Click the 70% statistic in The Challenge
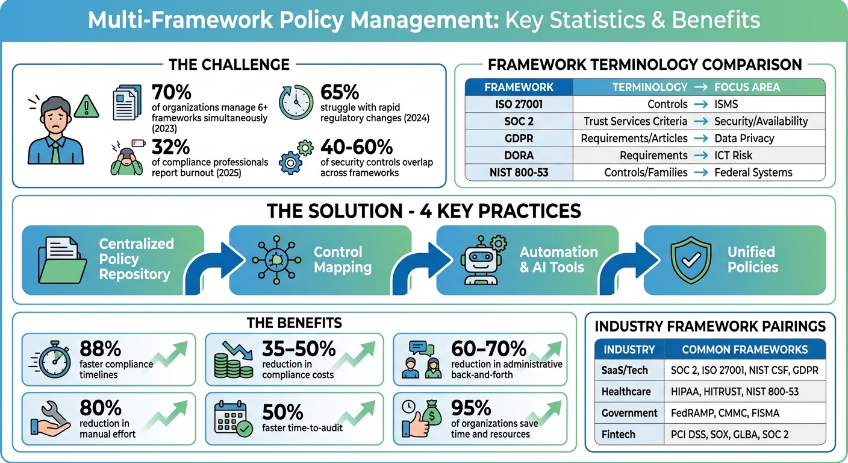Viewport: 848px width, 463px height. pos(172,93)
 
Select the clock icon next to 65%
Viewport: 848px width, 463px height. pos(296,102)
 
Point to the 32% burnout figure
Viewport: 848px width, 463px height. pos(172,147)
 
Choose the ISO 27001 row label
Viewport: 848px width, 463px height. pos(519,104)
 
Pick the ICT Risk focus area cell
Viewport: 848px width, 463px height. pos(733,155)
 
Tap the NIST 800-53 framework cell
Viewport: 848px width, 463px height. pos(519,172)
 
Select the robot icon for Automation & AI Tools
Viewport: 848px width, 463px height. pos(480,260)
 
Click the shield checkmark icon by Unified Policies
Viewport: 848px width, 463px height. pos(690,260)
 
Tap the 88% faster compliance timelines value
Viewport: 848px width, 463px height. pos(100,348)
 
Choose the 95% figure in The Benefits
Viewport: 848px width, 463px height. pos(471,408)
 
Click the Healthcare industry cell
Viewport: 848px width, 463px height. pos(626,391)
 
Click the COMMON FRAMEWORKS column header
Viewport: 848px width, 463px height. pos(744,350)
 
